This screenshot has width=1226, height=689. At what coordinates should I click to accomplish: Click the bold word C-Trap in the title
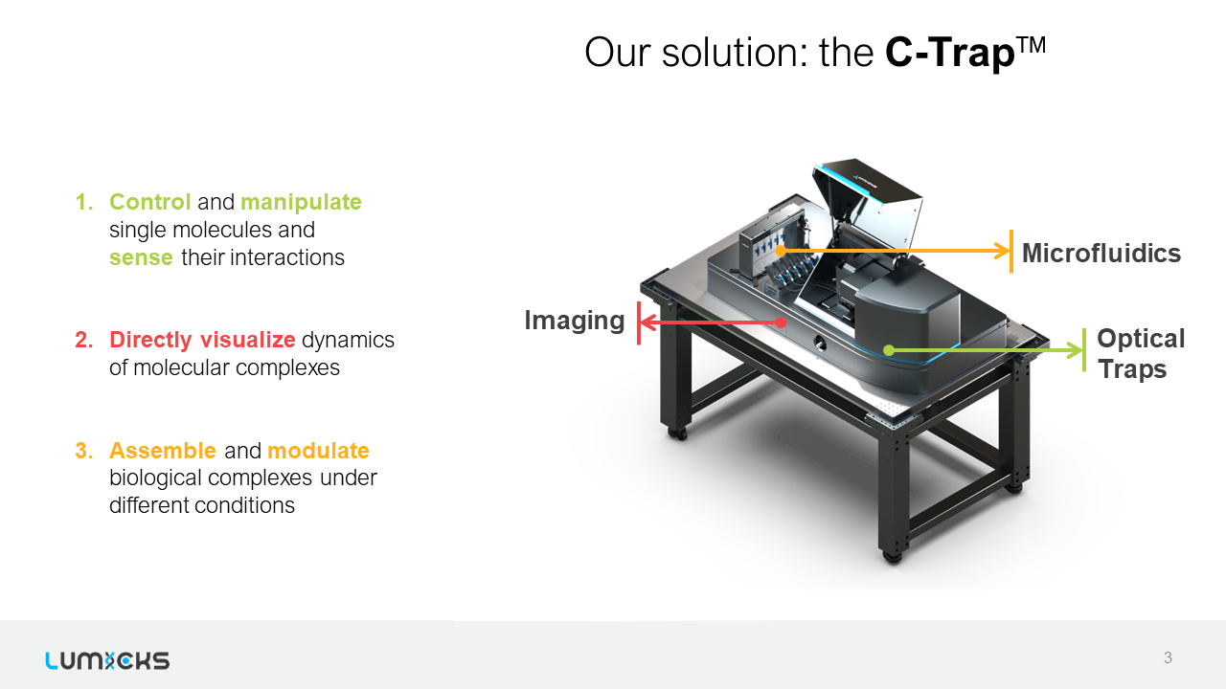click(x=949, y=53)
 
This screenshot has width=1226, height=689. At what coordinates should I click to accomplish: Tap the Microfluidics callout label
click(x=1101, y=254)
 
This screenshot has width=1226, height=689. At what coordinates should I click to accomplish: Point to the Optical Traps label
click(x=1141, y=353)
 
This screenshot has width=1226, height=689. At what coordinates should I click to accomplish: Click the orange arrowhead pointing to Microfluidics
click(x=1002, y=251)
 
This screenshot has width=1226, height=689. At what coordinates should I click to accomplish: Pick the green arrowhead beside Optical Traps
click(x=1075, y=350)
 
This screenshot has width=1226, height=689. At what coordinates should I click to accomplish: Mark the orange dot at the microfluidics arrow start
click(x=781, y=251)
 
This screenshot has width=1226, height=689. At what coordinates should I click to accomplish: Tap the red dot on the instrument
click(x=781, y=322)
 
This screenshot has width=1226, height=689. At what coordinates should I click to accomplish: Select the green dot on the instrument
click(x=889, y=350)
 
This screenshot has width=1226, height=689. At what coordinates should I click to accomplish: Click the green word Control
click(x=150, y=202)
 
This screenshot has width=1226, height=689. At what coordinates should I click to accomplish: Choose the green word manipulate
click(x=301, y=203)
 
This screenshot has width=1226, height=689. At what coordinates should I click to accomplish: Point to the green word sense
click(x=141, y=258)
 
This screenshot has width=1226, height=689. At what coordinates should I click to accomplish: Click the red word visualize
click(x=248, y=340)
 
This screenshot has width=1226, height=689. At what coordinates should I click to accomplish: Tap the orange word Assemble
click(x=163, y=451)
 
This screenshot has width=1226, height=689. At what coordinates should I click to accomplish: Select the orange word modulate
click(x=319, y=451)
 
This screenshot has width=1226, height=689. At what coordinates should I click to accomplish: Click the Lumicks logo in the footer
click(x=107, y=660)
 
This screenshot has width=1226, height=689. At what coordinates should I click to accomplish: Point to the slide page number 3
click(x=1168, y=657)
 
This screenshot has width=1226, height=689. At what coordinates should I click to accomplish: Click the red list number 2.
click(x=84, y=340)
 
